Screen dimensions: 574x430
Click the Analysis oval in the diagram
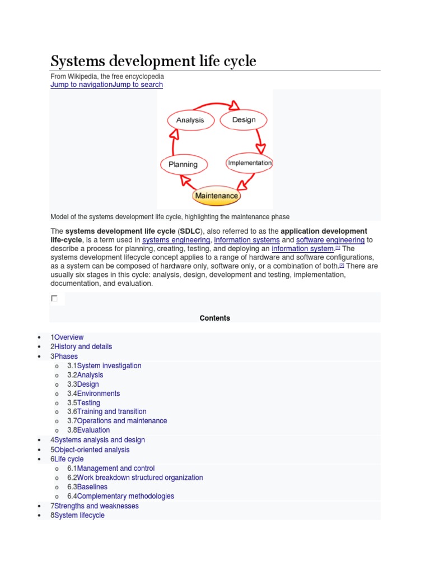tap(190, 120)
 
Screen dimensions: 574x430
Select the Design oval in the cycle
tap(244, 119)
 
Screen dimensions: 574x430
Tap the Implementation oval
tap(249, 163)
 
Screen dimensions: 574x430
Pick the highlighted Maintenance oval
tap(216, 196)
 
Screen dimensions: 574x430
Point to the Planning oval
tap(183, 164)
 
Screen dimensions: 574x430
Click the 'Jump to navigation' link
tap(81, 85)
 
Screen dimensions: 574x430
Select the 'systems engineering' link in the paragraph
tap(176, 240)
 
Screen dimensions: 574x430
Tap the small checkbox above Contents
tap(54, 298)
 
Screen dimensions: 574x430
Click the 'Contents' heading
tap(215, 318)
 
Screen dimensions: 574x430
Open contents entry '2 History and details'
tap(83, 346)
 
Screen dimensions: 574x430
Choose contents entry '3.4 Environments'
tap(98, 394)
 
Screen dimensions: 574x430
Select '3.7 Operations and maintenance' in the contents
tap(121, 420)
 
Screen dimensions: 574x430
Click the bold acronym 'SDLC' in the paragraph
tap(190, 231)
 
